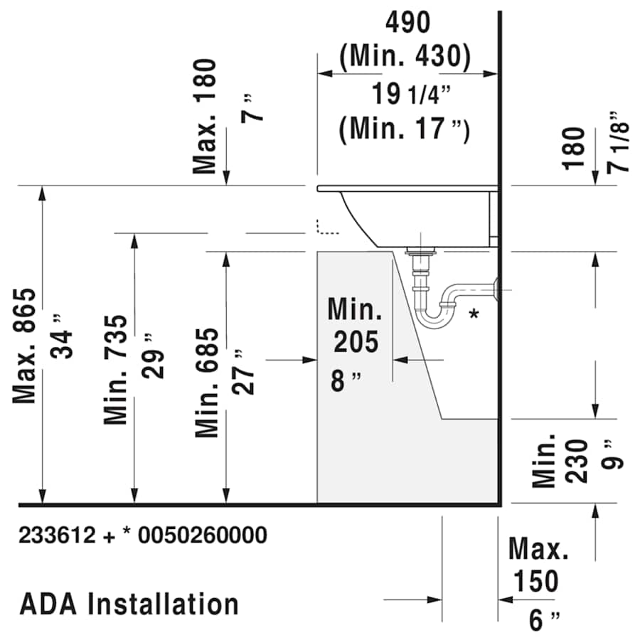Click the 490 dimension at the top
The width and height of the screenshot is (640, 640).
[x=407, y=23]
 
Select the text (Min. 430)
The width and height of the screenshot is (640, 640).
[x=405, y=57]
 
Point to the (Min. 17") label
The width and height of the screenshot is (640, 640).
[x=405, y=129]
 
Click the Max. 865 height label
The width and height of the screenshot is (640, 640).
[x=26, y=346]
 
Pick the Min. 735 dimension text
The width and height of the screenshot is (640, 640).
[x=117, y=370]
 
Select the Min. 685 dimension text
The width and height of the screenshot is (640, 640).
[x=207, y=383]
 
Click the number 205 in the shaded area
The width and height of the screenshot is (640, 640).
[x=356, y=343]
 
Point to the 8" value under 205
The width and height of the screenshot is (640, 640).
[x=346, y=381]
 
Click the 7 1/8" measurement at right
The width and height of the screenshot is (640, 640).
[x=618, y=142]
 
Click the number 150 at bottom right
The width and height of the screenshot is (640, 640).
[x=534, y=582]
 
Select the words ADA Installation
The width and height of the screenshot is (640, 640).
[x=129, y=604]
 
